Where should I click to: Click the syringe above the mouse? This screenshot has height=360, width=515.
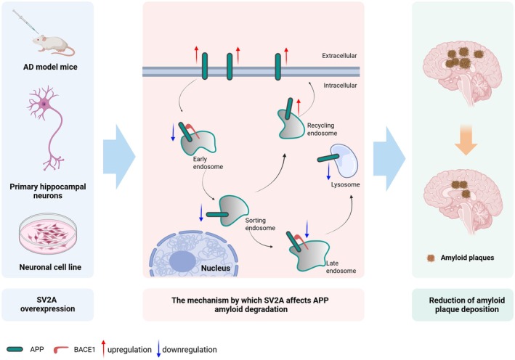click(25, 21)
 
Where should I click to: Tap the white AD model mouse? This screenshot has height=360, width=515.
click(53, 44)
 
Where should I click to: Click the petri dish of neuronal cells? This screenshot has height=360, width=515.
click(48, 233)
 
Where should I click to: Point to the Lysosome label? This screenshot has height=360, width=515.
click(345, 184)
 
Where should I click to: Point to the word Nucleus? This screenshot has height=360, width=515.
click(216, 268)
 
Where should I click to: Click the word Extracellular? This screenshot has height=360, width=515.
click(339, 56)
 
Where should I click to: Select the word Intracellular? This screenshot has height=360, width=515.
click(340, 86)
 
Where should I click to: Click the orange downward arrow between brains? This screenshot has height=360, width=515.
click(466, 140)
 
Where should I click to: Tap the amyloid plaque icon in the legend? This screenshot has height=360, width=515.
click(431, 258)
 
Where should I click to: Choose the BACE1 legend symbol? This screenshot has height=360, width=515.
click(60, 350)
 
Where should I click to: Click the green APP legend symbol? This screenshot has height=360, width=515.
click(15, 349)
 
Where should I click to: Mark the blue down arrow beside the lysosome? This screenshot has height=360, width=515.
click(328, 171)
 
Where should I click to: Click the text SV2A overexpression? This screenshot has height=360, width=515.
click(48, 304)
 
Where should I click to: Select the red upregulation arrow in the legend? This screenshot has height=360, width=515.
click(103, 348)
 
